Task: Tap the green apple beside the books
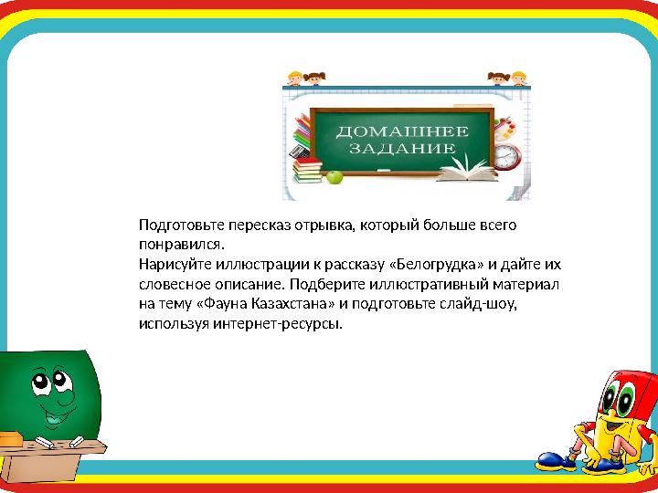point(334,176)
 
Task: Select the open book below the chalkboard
point(470,173)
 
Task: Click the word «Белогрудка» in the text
point(438,265)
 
